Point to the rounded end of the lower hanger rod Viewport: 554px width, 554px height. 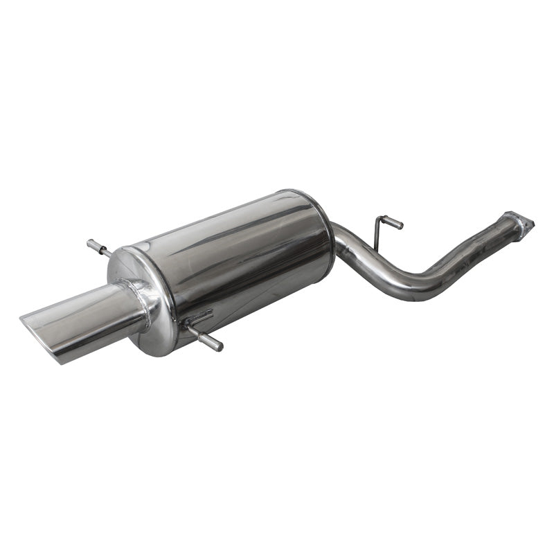(218, 344)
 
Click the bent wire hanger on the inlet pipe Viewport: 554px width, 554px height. (384, 229)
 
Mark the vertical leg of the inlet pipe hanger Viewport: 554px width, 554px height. (377, 235)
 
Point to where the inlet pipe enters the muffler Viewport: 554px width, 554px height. (335, 235)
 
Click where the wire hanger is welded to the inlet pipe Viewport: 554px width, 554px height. (374, 249)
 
